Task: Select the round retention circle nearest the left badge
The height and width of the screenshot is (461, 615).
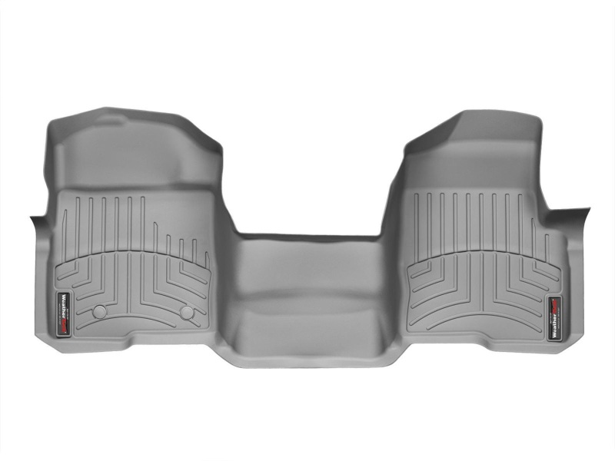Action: (98, 311)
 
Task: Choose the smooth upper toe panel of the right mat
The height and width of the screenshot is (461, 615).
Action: (469, 161)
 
